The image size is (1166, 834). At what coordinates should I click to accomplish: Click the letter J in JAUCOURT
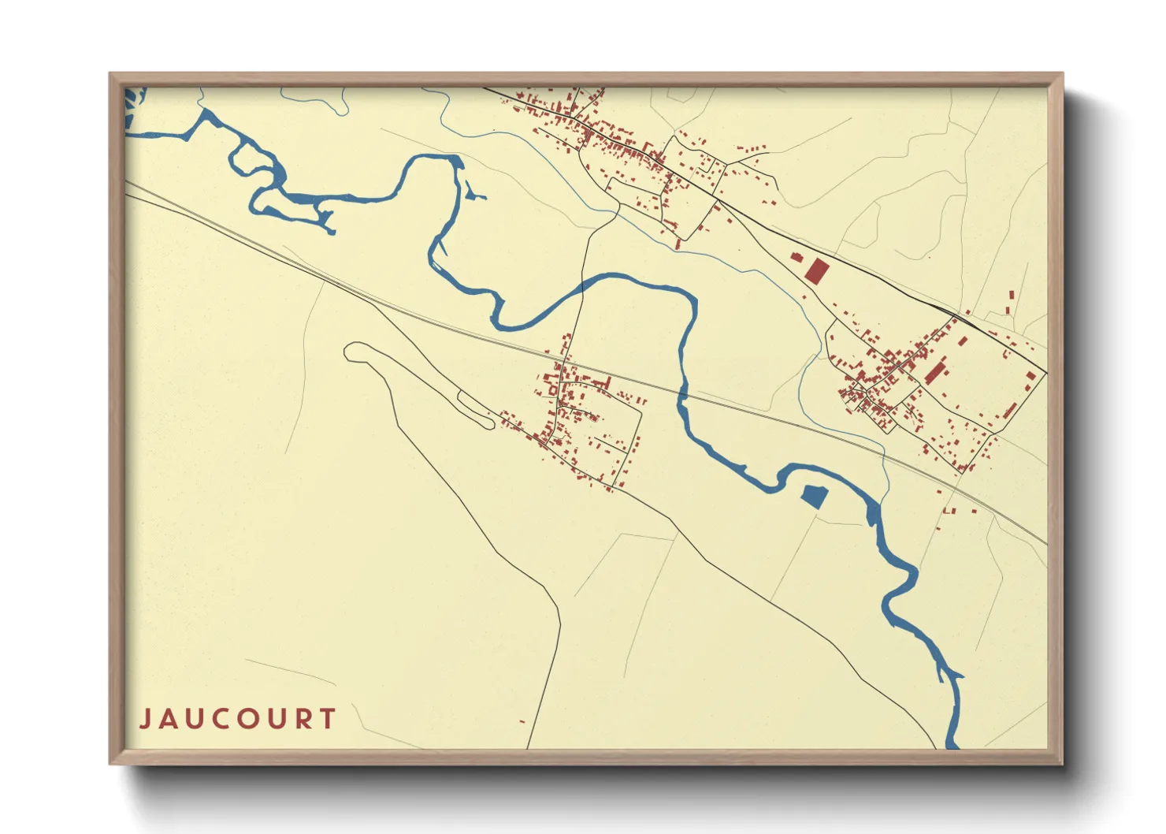(x=146, y=719)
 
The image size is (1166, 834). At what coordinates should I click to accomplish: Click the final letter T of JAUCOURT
(x=328, y=719)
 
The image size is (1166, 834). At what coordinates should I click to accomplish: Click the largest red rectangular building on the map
(x=816, y=272)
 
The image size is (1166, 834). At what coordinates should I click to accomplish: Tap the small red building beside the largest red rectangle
(x=797, y=258)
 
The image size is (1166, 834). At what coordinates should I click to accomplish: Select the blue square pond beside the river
(x=813, y=497)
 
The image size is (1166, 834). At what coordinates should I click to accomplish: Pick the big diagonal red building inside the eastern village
(x=935, y=372)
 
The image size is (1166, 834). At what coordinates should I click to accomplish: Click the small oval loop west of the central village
(x=476, y=409)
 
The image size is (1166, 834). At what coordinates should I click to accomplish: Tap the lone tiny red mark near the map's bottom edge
(x=522, y=721)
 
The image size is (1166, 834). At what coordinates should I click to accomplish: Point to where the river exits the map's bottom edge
(x=952, y=744)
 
